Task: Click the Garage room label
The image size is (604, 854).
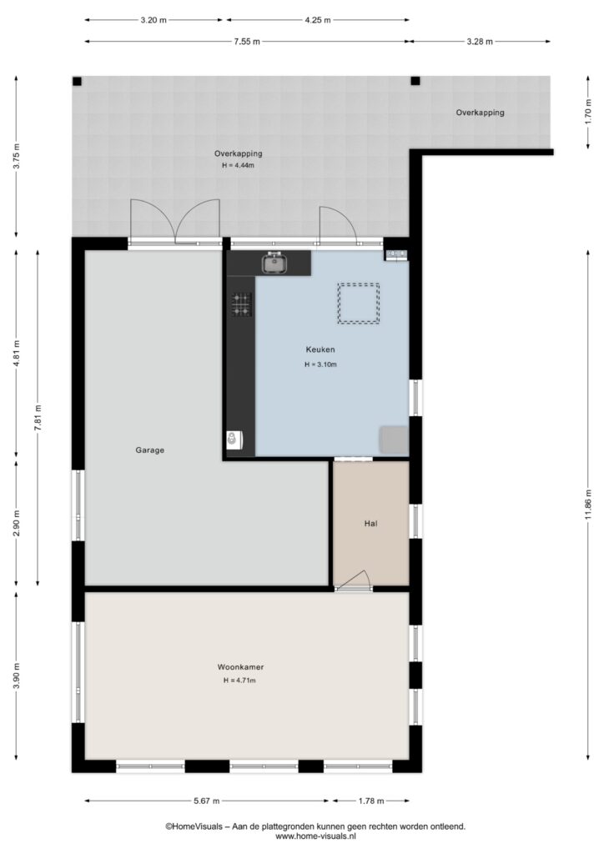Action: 150,450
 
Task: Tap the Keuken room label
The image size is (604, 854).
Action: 320,349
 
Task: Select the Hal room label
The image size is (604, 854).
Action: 371,524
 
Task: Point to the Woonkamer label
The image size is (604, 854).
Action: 240,666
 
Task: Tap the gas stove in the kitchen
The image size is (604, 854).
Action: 242,304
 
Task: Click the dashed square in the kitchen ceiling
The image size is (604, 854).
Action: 359,304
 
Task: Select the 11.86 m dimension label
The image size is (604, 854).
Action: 588,505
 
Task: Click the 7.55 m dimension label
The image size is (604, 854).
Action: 247,42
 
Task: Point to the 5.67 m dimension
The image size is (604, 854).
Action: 206,801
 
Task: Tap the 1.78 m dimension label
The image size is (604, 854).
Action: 371,801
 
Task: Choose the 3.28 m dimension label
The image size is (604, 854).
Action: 479,42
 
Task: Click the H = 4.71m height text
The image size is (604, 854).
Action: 239,681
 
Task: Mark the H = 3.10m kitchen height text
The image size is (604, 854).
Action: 320,364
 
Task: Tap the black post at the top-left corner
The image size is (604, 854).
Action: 78,81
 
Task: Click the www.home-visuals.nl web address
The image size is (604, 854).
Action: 316,836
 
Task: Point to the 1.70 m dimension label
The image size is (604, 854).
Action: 588,113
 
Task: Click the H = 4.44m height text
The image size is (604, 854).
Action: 238,165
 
